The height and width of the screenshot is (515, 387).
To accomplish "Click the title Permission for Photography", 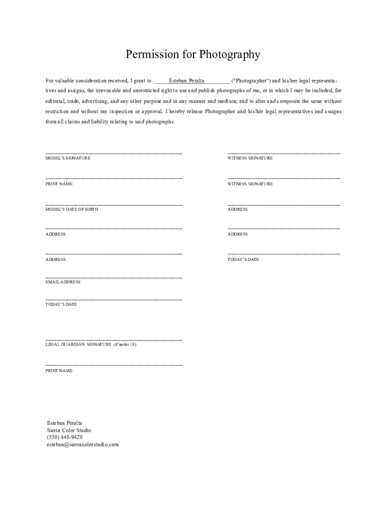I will [x=193, y=54].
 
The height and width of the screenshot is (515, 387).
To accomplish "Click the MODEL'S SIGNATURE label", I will [x=68, y=158].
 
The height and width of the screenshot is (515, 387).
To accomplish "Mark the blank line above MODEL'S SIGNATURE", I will [x=114, y=153].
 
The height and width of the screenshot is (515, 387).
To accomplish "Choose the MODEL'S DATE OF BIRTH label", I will [x=72, y=209].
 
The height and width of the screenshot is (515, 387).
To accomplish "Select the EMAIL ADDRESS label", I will [x=63, y=282].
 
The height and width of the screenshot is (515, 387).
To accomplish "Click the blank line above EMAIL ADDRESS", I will [x=114, y=278].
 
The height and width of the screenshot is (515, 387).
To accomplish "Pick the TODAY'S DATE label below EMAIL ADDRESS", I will [x=61, y=304].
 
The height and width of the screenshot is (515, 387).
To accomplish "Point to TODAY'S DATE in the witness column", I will [x=243, y=260].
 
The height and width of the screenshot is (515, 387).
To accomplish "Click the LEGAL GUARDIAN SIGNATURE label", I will [x=78, y=345].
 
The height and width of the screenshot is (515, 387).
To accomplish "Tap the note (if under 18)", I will [x=125, y=345].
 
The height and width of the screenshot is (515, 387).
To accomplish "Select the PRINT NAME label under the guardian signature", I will [x=59, y=371].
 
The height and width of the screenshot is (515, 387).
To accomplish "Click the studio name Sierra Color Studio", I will [x=69, y=431].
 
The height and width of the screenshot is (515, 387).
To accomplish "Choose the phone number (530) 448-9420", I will [x=65, y=438].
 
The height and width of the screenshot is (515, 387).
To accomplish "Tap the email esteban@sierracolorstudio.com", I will [x=83, y=445].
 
